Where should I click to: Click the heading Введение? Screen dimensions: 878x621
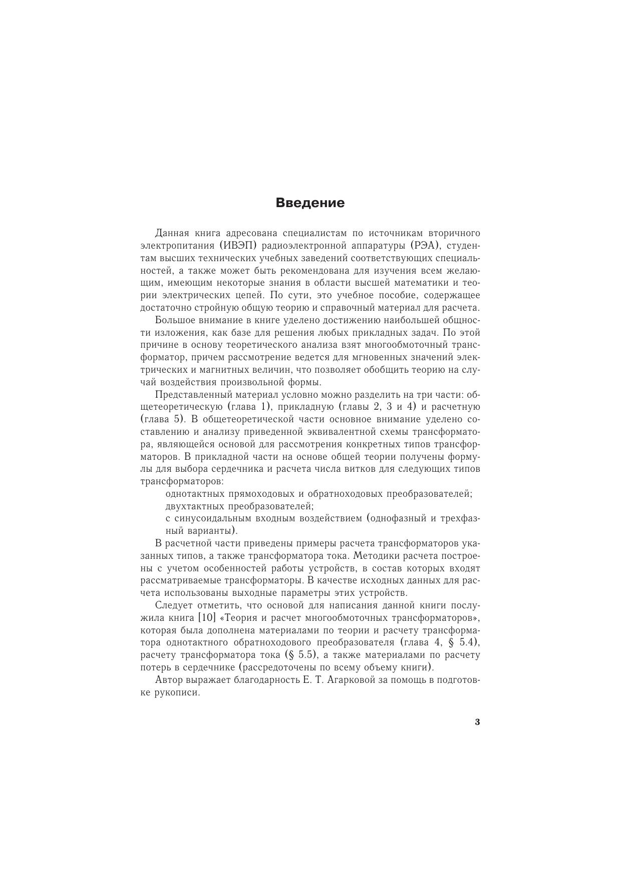point(310,203)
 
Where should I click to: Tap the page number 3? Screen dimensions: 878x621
point(477,722)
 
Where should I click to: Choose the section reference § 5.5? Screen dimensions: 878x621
point(300,655)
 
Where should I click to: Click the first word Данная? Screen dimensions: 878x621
point(171,234)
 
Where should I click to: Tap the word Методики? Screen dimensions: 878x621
point(373,556)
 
